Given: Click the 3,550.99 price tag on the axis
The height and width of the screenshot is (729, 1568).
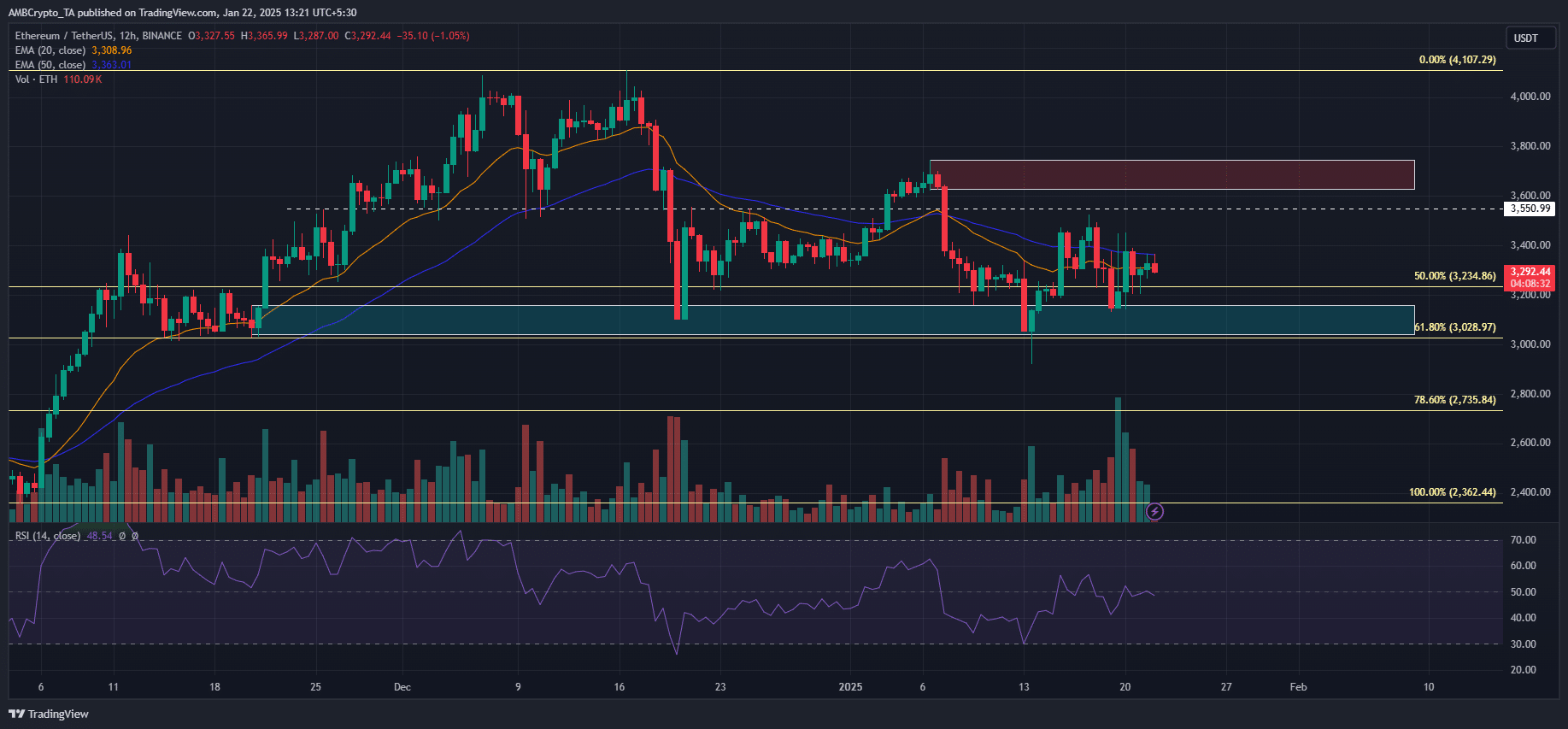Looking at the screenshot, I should pos(1530,209).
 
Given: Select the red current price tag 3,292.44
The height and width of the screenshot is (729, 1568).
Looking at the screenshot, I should pos(1530,273).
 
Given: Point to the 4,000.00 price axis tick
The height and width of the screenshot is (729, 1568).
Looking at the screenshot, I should pos(1530,97).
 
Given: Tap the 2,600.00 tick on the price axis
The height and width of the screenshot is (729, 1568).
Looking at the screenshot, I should pos(1530,443).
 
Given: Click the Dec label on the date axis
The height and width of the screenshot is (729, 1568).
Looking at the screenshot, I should pos(402,687).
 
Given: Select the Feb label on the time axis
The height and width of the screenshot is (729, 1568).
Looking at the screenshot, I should pos(1298,687).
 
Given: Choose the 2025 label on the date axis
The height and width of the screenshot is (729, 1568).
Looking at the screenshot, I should pos(850,687).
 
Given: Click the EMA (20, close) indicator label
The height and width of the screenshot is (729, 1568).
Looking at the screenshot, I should pos(50,50).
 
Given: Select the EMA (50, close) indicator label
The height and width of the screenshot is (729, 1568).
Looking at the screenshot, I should pos(50,65).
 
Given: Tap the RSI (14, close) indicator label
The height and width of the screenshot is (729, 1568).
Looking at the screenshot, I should pos(48,536).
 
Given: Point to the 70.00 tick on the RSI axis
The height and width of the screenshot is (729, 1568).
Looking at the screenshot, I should pos(1523,540).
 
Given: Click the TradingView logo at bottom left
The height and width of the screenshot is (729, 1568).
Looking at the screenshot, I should pos(49,714).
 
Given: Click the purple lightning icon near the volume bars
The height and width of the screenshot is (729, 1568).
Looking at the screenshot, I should pos(1154,512).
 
